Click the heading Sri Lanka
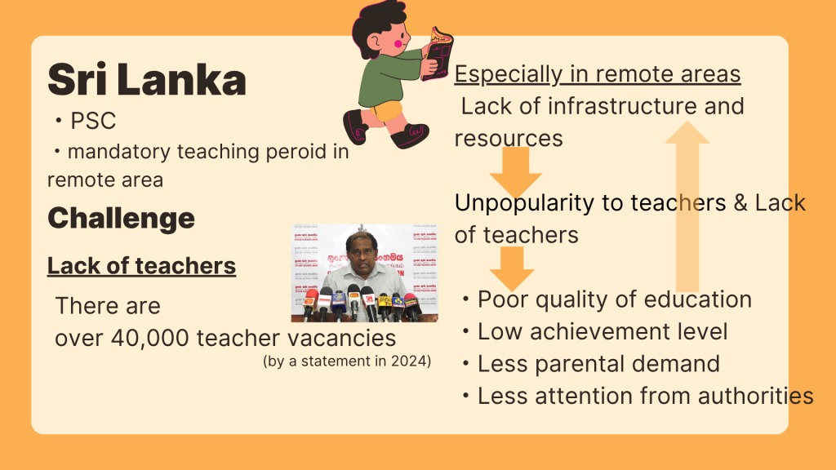point(147,80)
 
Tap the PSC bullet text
point(93,121)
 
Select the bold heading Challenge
point(121,219)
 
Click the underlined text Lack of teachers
point(141,265)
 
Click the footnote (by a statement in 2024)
point(347,361)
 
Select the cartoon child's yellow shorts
point(386,111)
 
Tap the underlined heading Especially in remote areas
point(597,74)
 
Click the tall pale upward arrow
point(687,206)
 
